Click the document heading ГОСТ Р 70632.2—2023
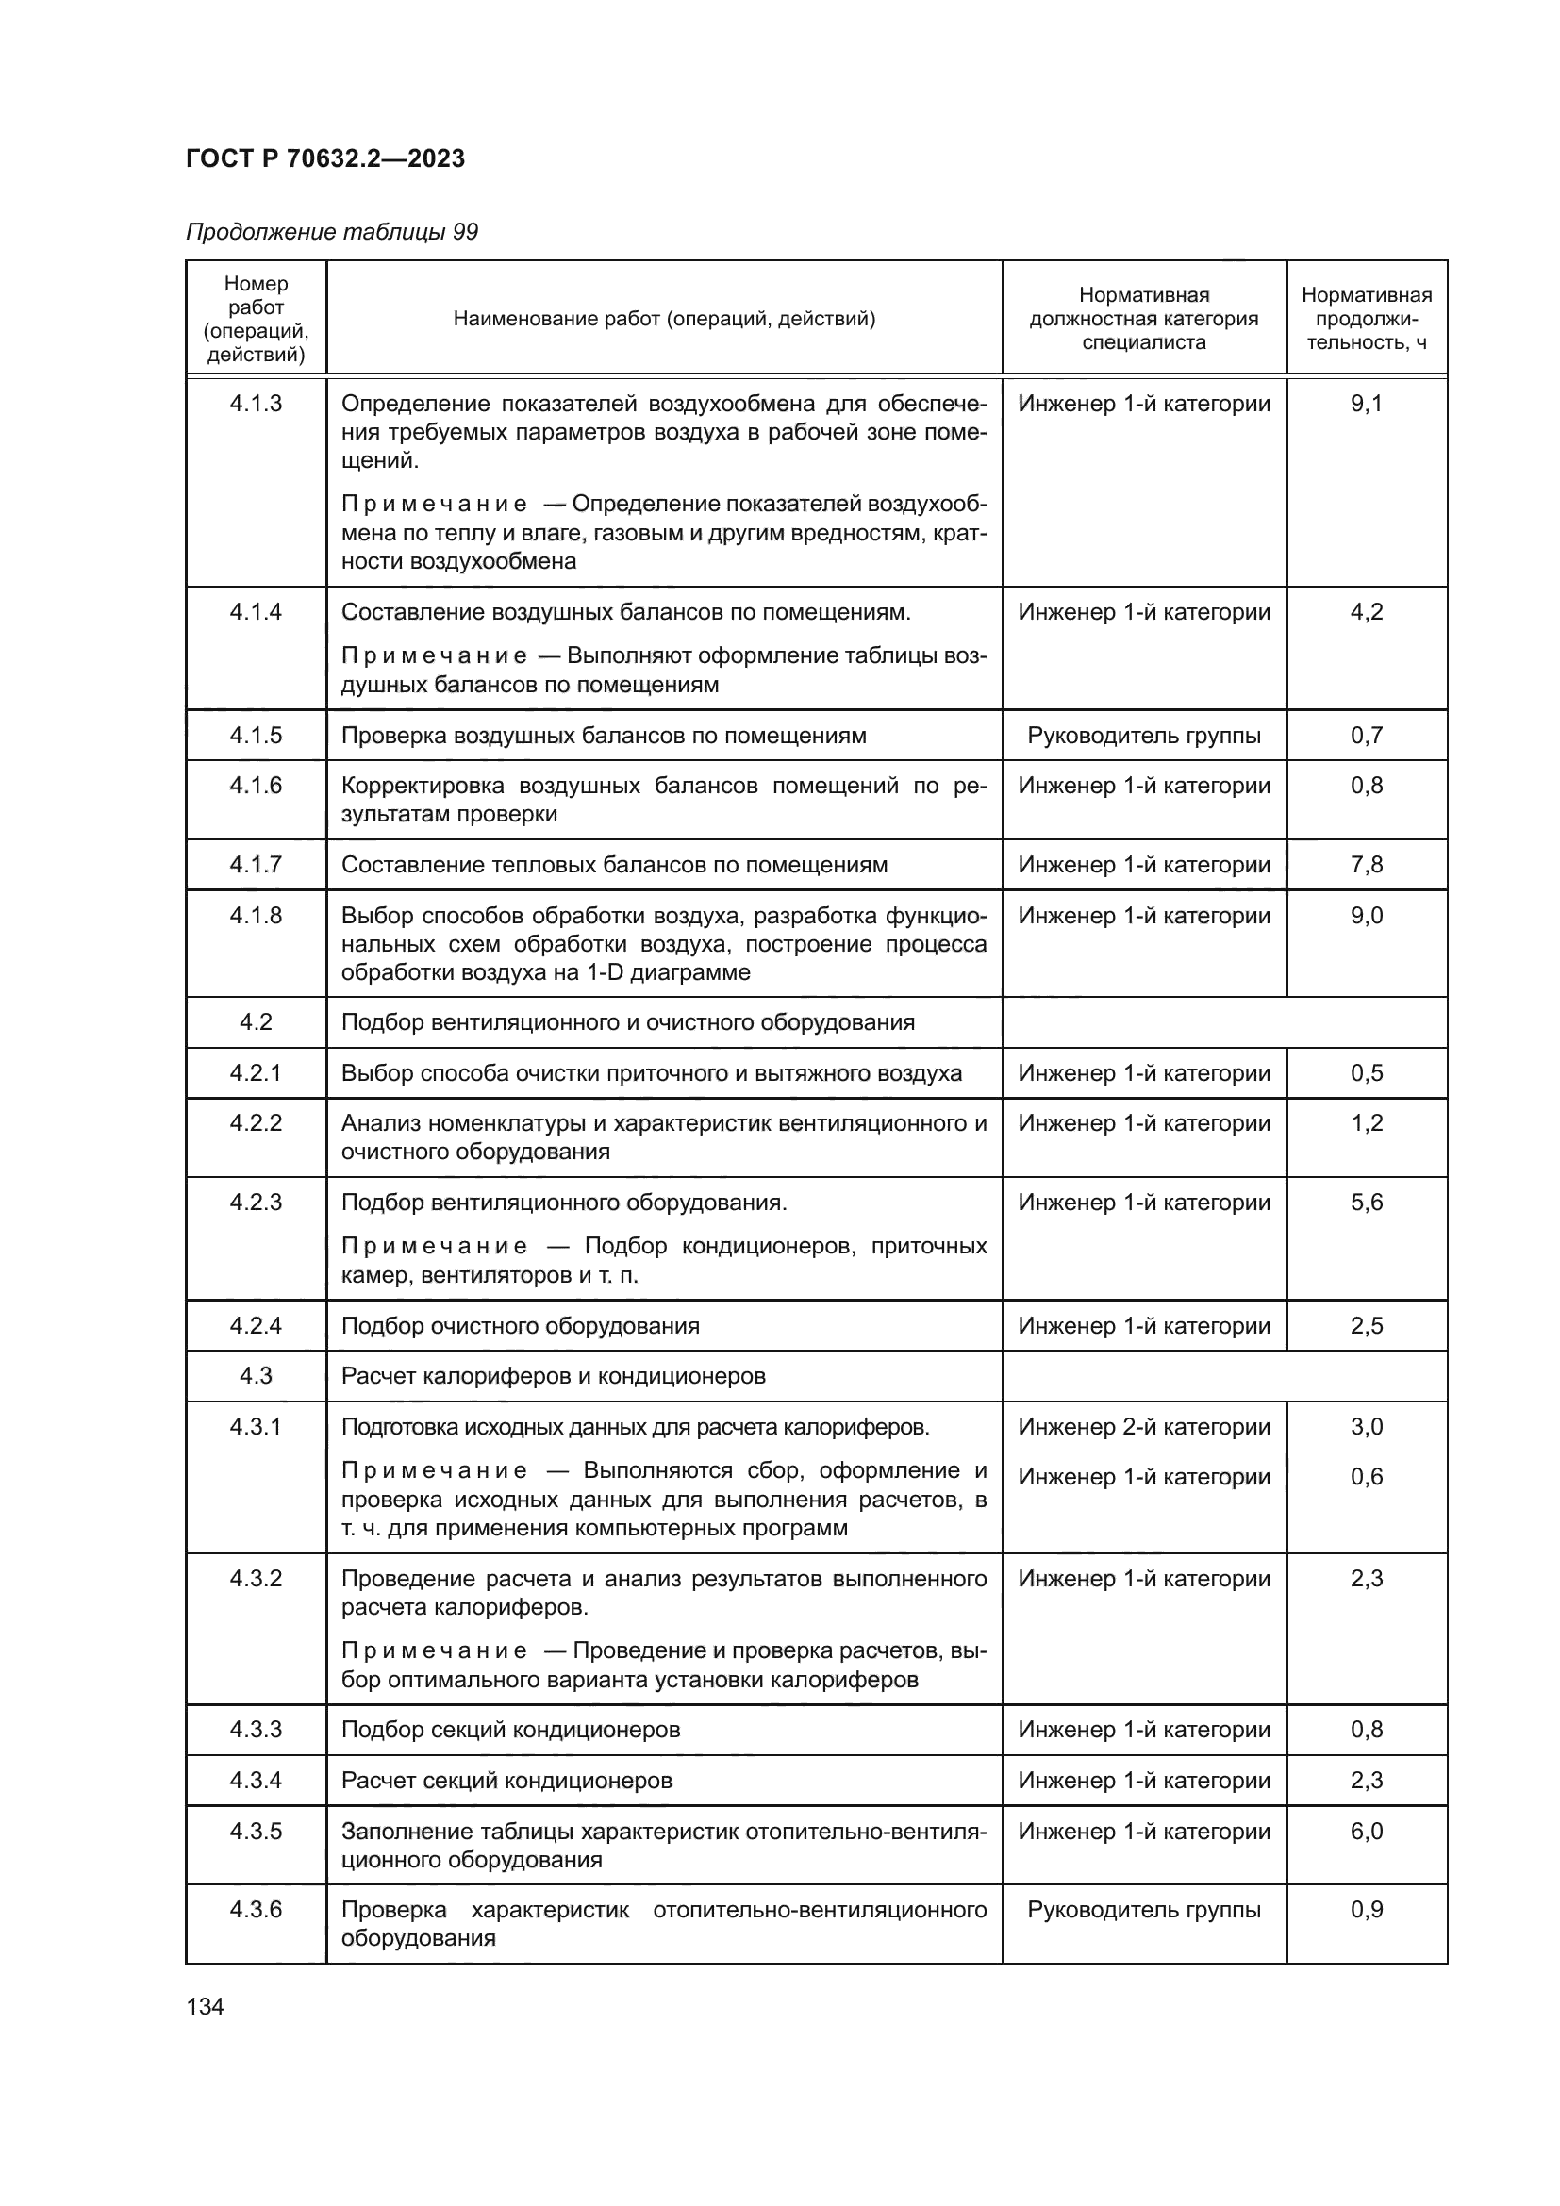point(324,158)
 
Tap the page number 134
point(205,2006)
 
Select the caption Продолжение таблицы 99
point(331,233)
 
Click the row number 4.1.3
point(256,404)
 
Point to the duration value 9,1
point(1366,404)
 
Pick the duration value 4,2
point(1366,612)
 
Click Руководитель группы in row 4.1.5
point(1143,735)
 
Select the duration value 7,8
point(1366,865)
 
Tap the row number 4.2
point(256,1022)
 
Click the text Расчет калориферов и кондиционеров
point(554,1376)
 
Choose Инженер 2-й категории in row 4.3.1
point(1143,1427)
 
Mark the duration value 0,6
point(1366,1477)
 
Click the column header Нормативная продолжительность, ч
point(1366,318)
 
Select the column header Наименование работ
point(664,318)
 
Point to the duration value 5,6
point(1366,1202)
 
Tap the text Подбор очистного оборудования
point(520,1326)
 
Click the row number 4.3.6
point(256,1909)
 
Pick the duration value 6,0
point(1366,1832)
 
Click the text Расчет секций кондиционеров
point(506,1781)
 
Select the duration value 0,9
point(1366,1909)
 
